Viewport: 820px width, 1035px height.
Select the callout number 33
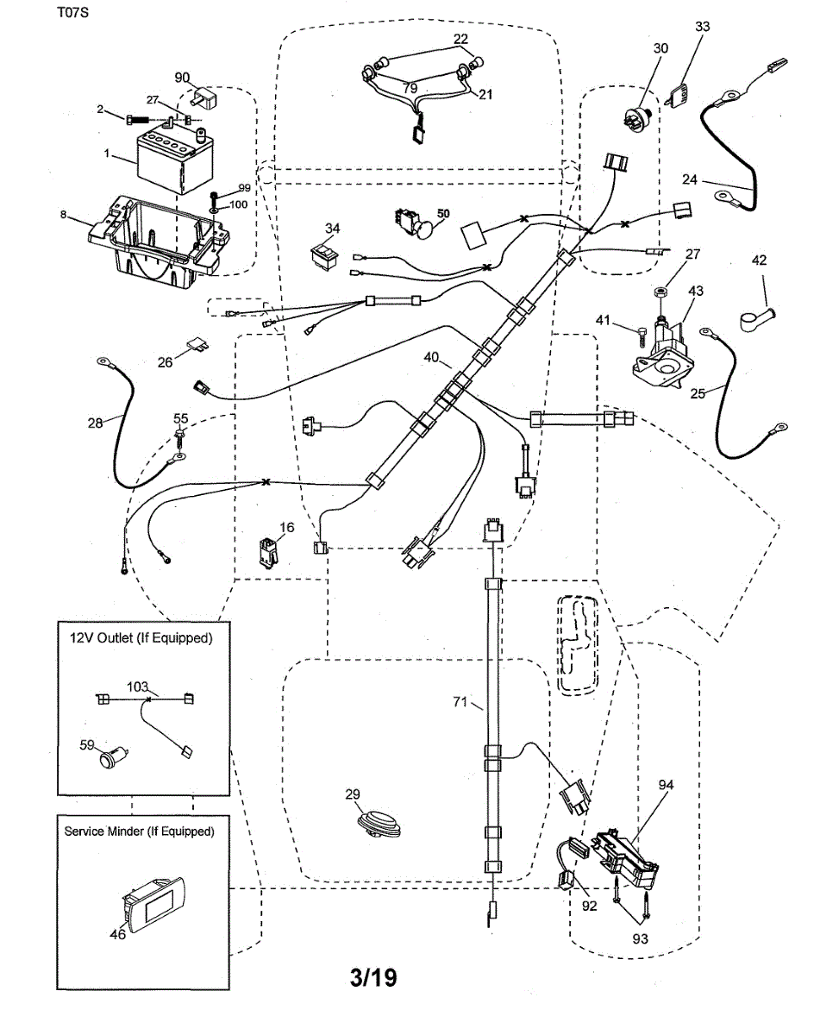coord(702,28)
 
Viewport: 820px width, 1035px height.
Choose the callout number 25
coord(698,392)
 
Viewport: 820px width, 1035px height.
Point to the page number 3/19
coord(373,978)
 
